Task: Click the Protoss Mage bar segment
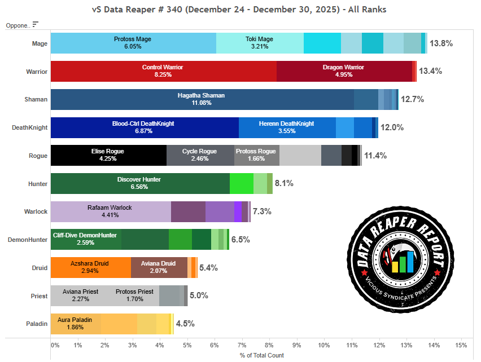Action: tap(133, 43)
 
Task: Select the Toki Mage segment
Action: tap(260, 43)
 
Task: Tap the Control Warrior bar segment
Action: tap(163, 71)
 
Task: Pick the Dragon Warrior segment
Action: tap(344, 71)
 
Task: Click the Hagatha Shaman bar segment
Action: tap(202, 99)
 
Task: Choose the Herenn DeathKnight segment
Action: tap(287, 127)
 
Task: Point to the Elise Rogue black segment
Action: tap(108, 155)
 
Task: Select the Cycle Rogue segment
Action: tap(200, 155)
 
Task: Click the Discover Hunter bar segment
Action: tap(139, 183)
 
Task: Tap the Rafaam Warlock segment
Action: tap(111, 211)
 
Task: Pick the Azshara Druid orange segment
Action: tap(90, 267)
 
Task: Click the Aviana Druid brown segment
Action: tap(159, 267)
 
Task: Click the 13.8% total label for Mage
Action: tap(441, 43)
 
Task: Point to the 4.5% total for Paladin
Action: tap(185, 324)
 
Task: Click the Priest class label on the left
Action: tap(38, 295)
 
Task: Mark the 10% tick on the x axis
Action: tap(323, 345)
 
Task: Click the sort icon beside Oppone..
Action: tap(36, 24)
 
